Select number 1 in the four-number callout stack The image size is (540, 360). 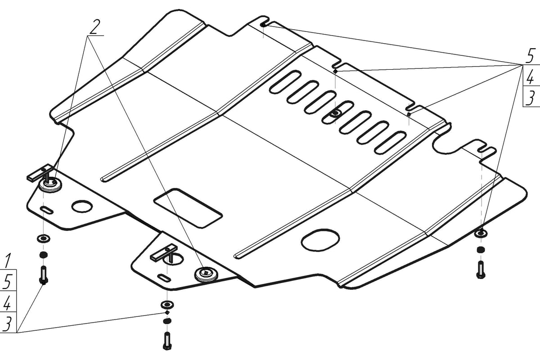7,261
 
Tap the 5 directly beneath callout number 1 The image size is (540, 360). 8,281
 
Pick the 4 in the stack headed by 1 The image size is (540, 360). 7,302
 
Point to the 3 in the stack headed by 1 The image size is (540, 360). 8,323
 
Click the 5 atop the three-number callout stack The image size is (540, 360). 530,55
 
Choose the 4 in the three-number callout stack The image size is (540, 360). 530,76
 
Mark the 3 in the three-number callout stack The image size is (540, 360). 531,97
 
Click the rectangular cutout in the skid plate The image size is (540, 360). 188,208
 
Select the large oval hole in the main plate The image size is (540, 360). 320,239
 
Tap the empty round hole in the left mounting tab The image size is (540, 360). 82,206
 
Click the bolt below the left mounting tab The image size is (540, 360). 43,275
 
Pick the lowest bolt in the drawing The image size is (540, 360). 167,341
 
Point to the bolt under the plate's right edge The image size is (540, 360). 481,270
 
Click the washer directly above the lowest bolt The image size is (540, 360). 167,305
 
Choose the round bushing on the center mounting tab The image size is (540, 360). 206,274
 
